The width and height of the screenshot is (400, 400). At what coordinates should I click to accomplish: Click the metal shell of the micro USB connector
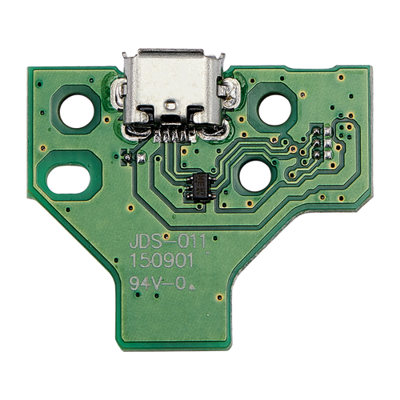tap(174, 88)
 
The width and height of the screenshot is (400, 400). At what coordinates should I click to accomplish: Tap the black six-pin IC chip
tap(201, 186)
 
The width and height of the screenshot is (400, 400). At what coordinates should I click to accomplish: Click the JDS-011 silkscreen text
tap(167, 242)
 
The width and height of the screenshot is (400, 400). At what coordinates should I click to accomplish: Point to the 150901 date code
tap(161, 261)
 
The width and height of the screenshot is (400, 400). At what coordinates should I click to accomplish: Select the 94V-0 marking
tap(158, 283)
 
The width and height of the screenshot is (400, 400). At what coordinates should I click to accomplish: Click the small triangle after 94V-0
tap(191, 287)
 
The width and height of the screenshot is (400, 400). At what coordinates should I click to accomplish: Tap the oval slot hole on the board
tap(69, 179)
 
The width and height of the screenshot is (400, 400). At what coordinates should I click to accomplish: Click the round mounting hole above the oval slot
tap(77, 111)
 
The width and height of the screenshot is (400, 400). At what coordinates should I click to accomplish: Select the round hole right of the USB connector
tap(274, 110)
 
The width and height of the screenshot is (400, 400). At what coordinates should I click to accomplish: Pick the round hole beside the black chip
tap(255, 176)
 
